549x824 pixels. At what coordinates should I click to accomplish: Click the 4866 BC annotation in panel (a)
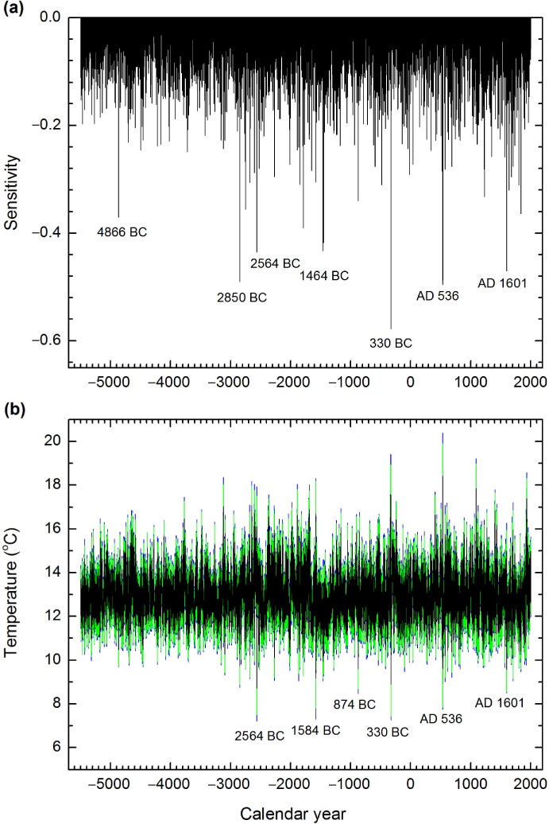click(122, 233)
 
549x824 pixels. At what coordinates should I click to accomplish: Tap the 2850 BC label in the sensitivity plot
click(242, 298)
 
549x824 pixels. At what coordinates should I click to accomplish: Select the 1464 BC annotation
click(324, 276)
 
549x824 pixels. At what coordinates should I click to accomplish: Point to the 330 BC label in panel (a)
click(391, 344)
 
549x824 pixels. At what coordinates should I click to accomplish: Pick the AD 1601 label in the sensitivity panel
click(502, 282)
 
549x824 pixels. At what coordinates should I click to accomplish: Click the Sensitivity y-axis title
click(11, 192)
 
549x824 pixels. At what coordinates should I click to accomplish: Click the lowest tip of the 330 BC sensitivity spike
click(391, 328)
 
